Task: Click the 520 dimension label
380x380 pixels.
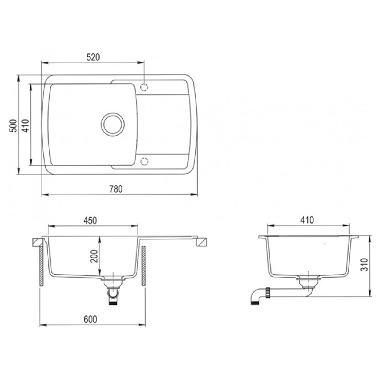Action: [93, 57]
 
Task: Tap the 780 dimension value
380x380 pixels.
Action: [116, 189]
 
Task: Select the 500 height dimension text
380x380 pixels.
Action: [13, 125]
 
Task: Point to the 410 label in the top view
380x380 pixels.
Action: [26, 125]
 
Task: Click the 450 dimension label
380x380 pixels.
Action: [90, 220]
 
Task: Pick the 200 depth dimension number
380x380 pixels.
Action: [94, 256]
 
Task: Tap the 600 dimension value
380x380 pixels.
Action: [90, 319]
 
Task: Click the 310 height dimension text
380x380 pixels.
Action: [365, 264]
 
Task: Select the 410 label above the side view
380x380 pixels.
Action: [307, 220]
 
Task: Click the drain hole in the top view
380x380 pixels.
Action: [113, 124]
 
